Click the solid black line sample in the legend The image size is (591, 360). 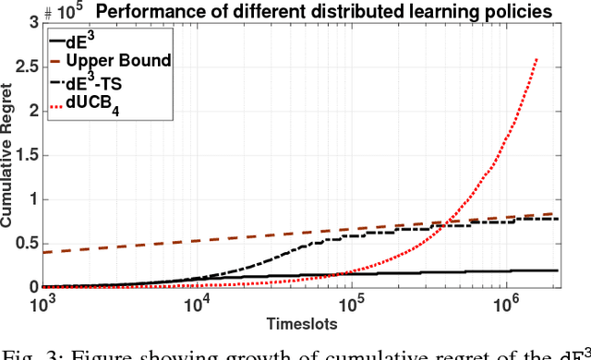(x=61, y=42)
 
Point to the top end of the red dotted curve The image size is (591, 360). (x=537, y=60)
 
